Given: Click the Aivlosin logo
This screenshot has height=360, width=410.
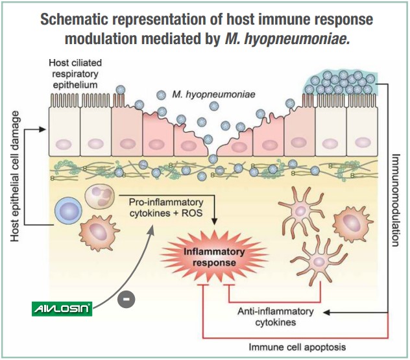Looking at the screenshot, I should (62, 309).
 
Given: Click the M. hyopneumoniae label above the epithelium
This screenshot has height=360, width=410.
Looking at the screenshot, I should (214, 94).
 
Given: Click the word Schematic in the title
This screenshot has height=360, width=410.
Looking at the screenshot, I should (80, 19).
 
